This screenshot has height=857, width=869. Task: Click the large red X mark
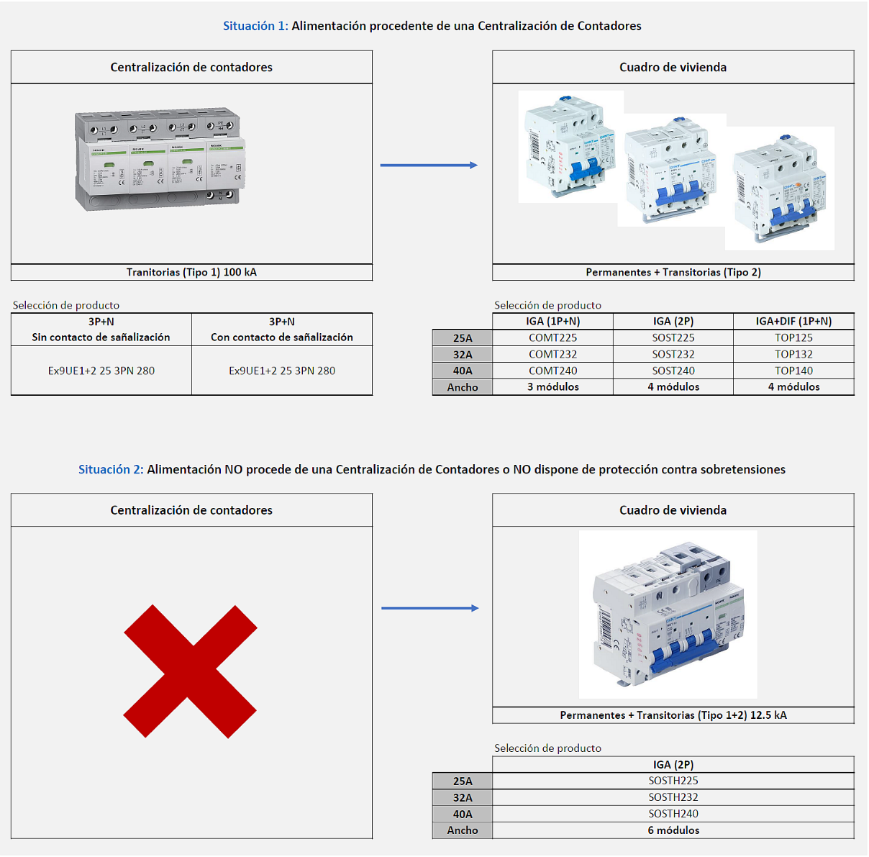(191, 671)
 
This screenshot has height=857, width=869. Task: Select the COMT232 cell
(552, 354)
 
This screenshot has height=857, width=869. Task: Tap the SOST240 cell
(673, 371)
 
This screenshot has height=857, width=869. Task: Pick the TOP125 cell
(793, 337)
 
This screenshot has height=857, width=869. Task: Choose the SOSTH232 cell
(673, 797)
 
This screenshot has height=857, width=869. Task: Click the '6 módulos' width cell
(673, 830)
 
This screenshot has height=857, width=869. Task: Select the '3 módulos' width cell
(552, 387)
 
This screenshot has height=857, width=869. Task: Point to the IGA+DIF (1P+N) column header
(793, 322)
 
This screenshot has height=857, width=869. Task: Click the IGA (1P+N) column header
(552, 322)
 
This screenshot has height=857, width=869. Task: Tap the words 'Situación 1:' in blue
(255, 26)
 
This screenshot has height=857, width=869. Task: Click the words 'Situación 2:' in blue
(111, 469)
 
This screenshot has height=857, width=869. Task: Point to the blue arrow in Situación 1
(429, 165)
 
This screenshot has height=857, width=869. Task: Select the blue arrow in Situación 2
(429, 609)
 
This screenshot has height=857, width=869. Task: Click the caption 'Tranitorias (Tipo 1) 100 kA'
(191, 272)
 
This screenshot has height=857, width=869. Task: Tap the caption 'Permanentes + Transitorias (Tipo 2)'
(673, 272)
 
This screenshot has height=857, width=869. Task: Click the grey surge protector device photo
(160, 160)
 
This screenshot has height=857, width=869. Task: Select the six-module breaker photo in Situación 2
(668, 614)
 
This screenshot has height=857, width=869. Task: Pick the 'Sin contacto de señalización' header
(101, 337)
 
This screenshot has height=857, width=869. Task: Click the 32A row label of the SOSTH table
(463, 797)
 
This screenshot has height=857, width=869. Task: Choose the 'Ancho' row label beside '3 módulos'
(463, 387)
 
